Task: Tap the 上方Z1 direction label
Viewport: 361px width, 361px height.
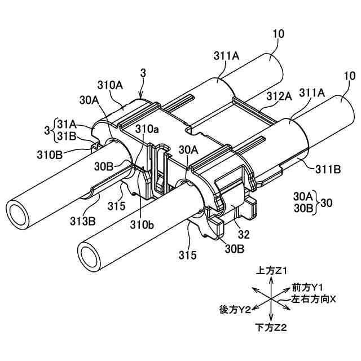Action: pos(273,271)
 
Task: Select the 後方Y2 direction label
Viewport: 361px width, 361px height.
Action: pos(235,310)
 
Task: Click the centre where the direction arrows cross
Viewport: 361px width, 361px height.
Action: pos(271,300)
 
